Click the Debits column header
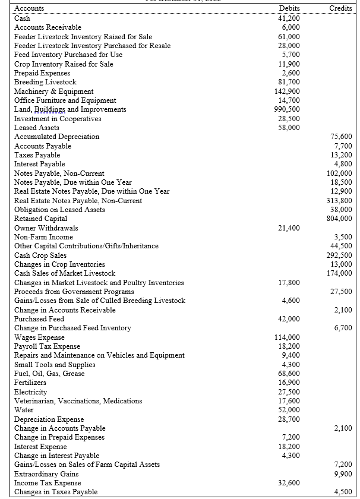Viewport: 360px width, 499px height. tap(289, 8)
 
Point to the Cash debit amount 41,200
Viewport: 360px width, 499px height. tap(289, 18)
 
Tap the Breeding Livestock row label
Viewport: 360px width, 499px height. tap(45, 82)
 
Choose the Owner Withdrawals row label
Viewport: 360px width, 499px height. tap(46, 228)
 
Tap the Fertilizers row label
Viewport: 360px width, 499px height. tap(30, 383)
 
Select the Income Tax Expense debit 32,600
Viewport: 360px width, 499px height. tap(289, 482)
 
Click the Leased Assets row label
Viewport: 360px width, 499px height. tap(36, 128)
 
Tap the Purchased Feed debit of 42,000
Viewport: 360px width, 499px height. tap(289, 318)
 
